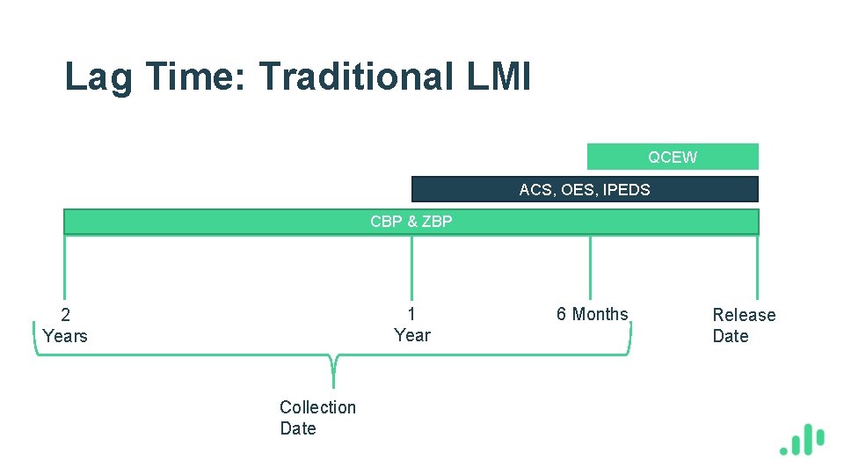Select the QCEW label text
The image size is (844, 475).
click(673, 157)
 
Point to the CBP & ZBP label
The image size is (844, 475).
click(411, 222)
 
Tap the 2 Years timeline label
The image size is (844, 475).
click(65, 325)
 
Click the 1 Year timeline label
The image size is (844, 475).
click(411, 325)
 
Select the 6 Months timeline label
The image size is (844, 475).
click(592, 314)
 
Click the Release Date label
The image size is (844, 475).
click(743, 325)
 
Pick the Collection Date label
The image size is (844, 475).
click(317, 418)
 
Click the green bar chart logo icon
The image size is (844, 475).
click(802, 440)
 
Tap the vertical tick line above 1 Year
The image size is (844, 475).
click(411, 268)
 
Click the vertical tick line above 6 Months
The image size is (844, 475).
click(590, 268)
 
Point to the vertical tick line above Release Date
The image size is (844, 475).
click(757, 268)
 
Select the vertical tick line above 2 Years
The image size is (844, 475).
click(64, 268)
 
